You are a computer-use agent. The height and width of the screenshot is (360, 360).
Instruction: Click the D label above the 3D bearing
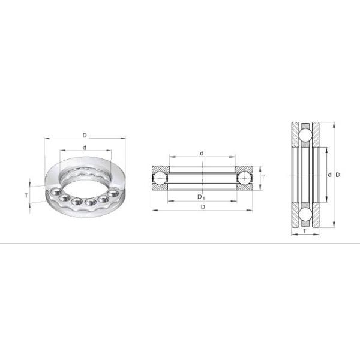(x=85, y=134)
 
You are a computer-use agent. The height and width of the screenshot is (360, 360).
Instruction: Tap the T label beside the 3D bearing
(x=26, y=196)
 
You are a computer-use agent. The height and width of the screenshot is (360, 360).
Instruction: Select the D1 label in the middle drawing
(x=202, y=197)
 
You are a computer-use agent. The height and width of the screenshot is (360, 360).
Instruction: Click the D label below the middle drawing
(x=203, y=207)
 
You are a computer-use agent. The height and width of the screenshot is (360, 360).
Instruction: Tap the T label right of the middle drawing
(x=264, y=178)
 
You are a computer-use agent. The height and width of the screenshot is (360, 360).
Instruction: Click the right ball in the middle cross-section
(x=246, y=178)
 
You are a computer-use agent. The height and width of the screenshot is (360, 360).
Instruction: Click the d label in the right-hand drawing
(x=329, y=175)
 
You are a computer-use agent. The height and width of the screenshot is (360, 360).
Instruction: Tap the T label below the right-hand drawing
(x=305, y=230)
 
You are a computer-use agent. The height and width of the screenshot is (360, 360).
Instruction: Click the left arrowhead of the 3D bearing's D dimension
(x=46, y=140)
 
